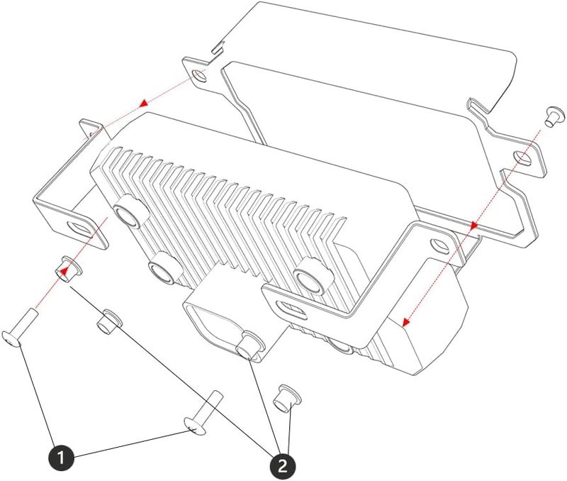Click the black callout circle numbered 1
(61, 458)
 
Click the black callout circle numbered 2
(282, 465)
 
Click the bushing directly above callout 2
(288, 399)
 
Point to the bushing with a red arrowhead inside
(67, 270)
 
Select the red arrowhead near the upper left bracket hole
(144, 103)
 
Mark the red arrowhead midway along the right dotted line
(473, 226)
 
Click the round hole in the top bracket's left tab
(199, 76)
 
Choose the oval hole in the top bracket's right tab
(523, 157)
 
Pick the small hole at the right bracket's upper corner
(439, 245)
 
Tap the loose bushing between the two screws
(109, 322)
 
